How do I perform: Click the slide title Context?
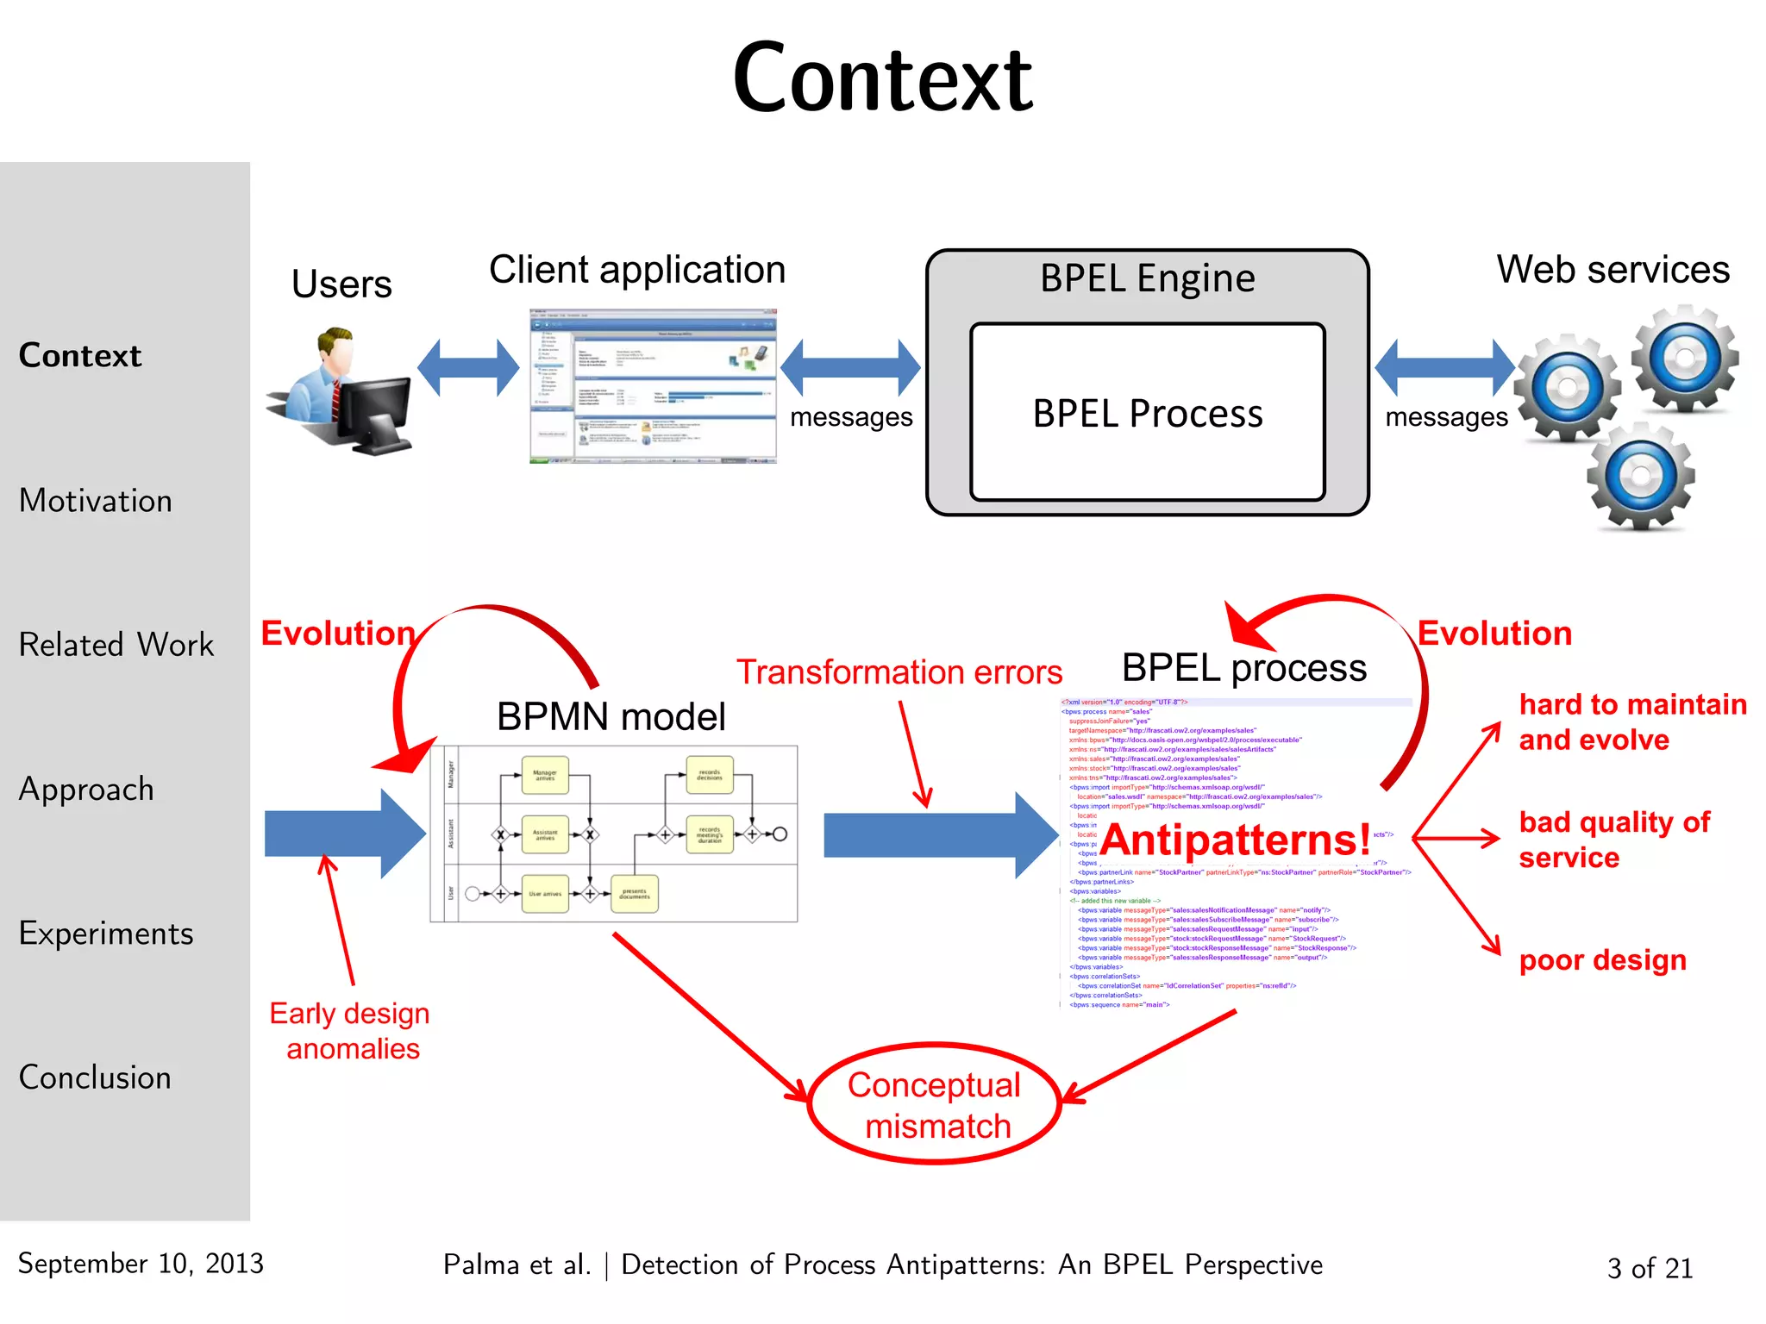(882, 79)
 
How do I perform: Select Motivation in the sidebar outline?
(96, 501)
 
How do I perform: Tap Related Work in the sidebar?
(116, 645)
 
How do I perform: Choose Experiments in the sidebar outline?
(106, 934)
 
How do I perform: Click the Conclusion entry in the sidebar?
(95, 1077)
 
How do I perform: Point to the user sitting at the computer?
(341, 392)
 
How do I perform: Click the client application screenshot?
(653, 386)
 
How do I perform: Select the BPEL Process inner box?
(1147, 412)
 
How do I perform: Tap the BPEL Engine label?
(1147, 278)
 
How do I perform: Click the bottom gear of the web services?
(1641, 476)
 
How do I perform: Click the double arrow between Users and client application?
(468, 368)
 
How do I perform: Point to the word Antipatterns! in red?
(1235, 839)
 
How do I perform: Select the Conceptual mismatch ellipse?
(935, 1104)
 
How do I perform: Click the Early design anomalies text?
(350, 1031)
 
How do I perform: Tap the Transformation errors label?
(899, 672)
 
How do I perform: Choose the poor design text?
(1602, 959)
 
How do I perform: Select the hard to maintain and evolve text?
(1631, 721)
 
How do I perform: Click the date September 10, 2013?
(141, 1264)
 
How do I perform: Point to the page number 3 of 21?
(1650, 1268)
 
